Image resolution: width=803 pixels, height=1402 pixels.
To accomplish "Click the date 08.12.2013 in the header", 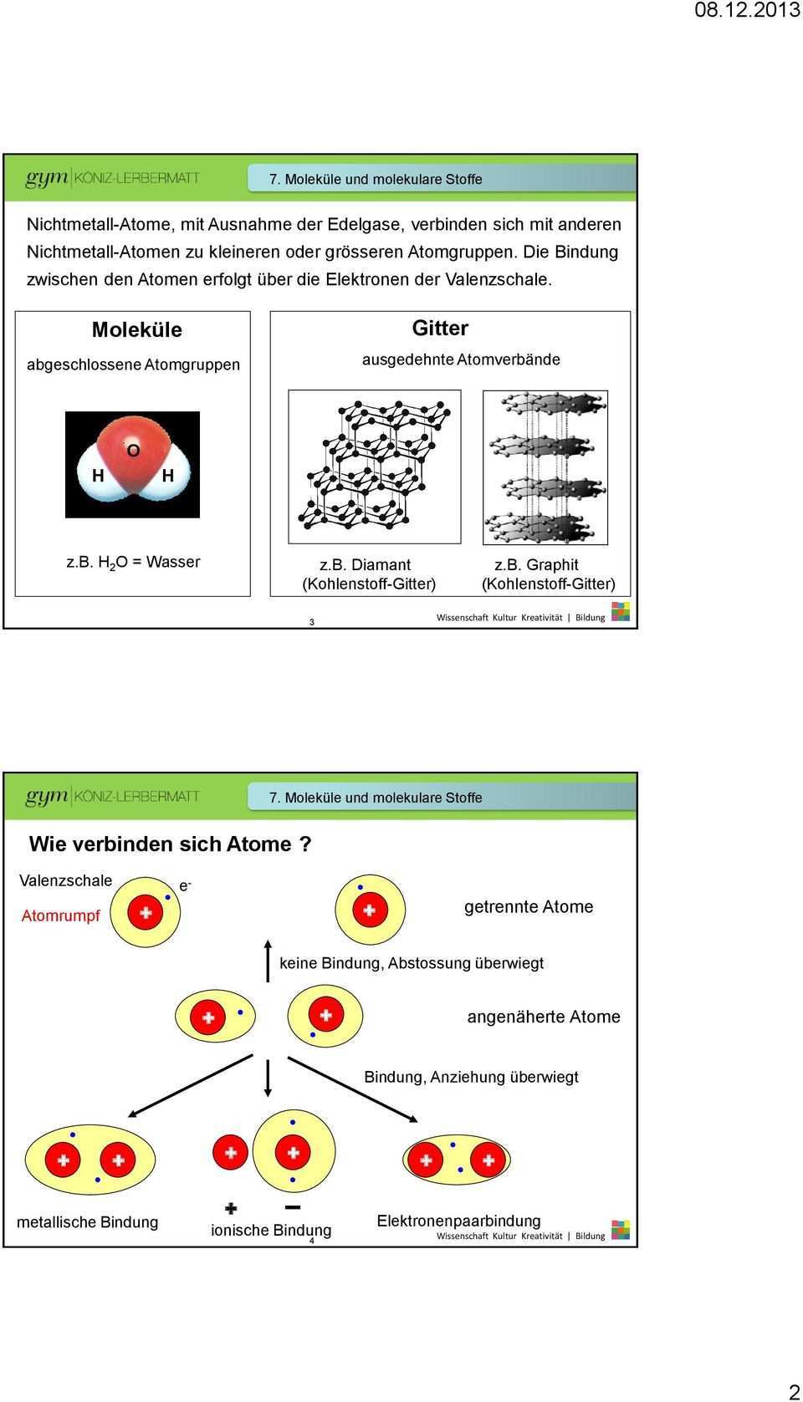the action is tap(748, 11).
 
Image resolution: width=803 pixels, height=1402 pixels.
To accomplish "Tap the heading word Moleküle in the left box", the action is tap(137, 329).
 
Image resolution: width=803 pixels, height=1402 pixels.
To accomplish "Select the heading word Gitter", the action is tap(440, 328).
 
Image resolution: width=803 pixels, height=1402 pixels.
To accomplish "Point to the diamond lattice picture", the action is tap(375, 466).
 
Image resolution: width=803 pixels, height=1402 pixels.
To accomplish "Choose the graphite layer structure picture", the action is tap(545, 467).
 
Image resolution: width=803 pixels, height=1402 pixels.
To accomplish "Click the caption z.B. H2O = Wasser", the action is tap(134, 563).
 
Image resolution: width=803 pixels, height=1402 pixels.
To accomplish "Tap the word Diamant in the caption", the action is tap(381, 565).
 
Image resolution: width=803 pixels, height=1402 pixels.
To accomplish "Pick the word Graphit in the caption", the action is tap(552, 565).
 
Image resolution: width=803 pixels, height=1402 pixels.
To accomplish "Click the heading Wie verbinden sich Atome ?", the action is tap(170, 844).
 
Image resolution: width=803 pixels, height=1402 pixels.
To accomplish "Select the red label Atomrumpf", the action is tap(60, 916).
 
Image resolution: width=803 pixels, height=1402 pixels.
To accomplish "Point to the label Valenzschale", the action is tap(65, 880).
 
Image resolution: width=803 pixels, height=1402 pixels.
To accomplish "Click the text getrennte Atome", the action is tap(529, 907).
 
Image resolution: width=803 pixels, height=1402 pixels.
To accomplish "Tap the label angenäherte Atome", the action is tap(544, 1017).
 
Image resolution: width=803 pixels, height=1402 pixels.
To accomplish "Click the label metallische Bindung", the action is tap(88, 1222).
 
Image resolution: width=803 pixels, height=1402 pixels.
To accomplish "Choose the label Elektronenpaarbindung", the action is tap(458, 1221).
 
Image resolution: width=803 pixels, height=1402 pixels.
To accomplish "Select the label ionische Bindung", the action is tap(271, 1231).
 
